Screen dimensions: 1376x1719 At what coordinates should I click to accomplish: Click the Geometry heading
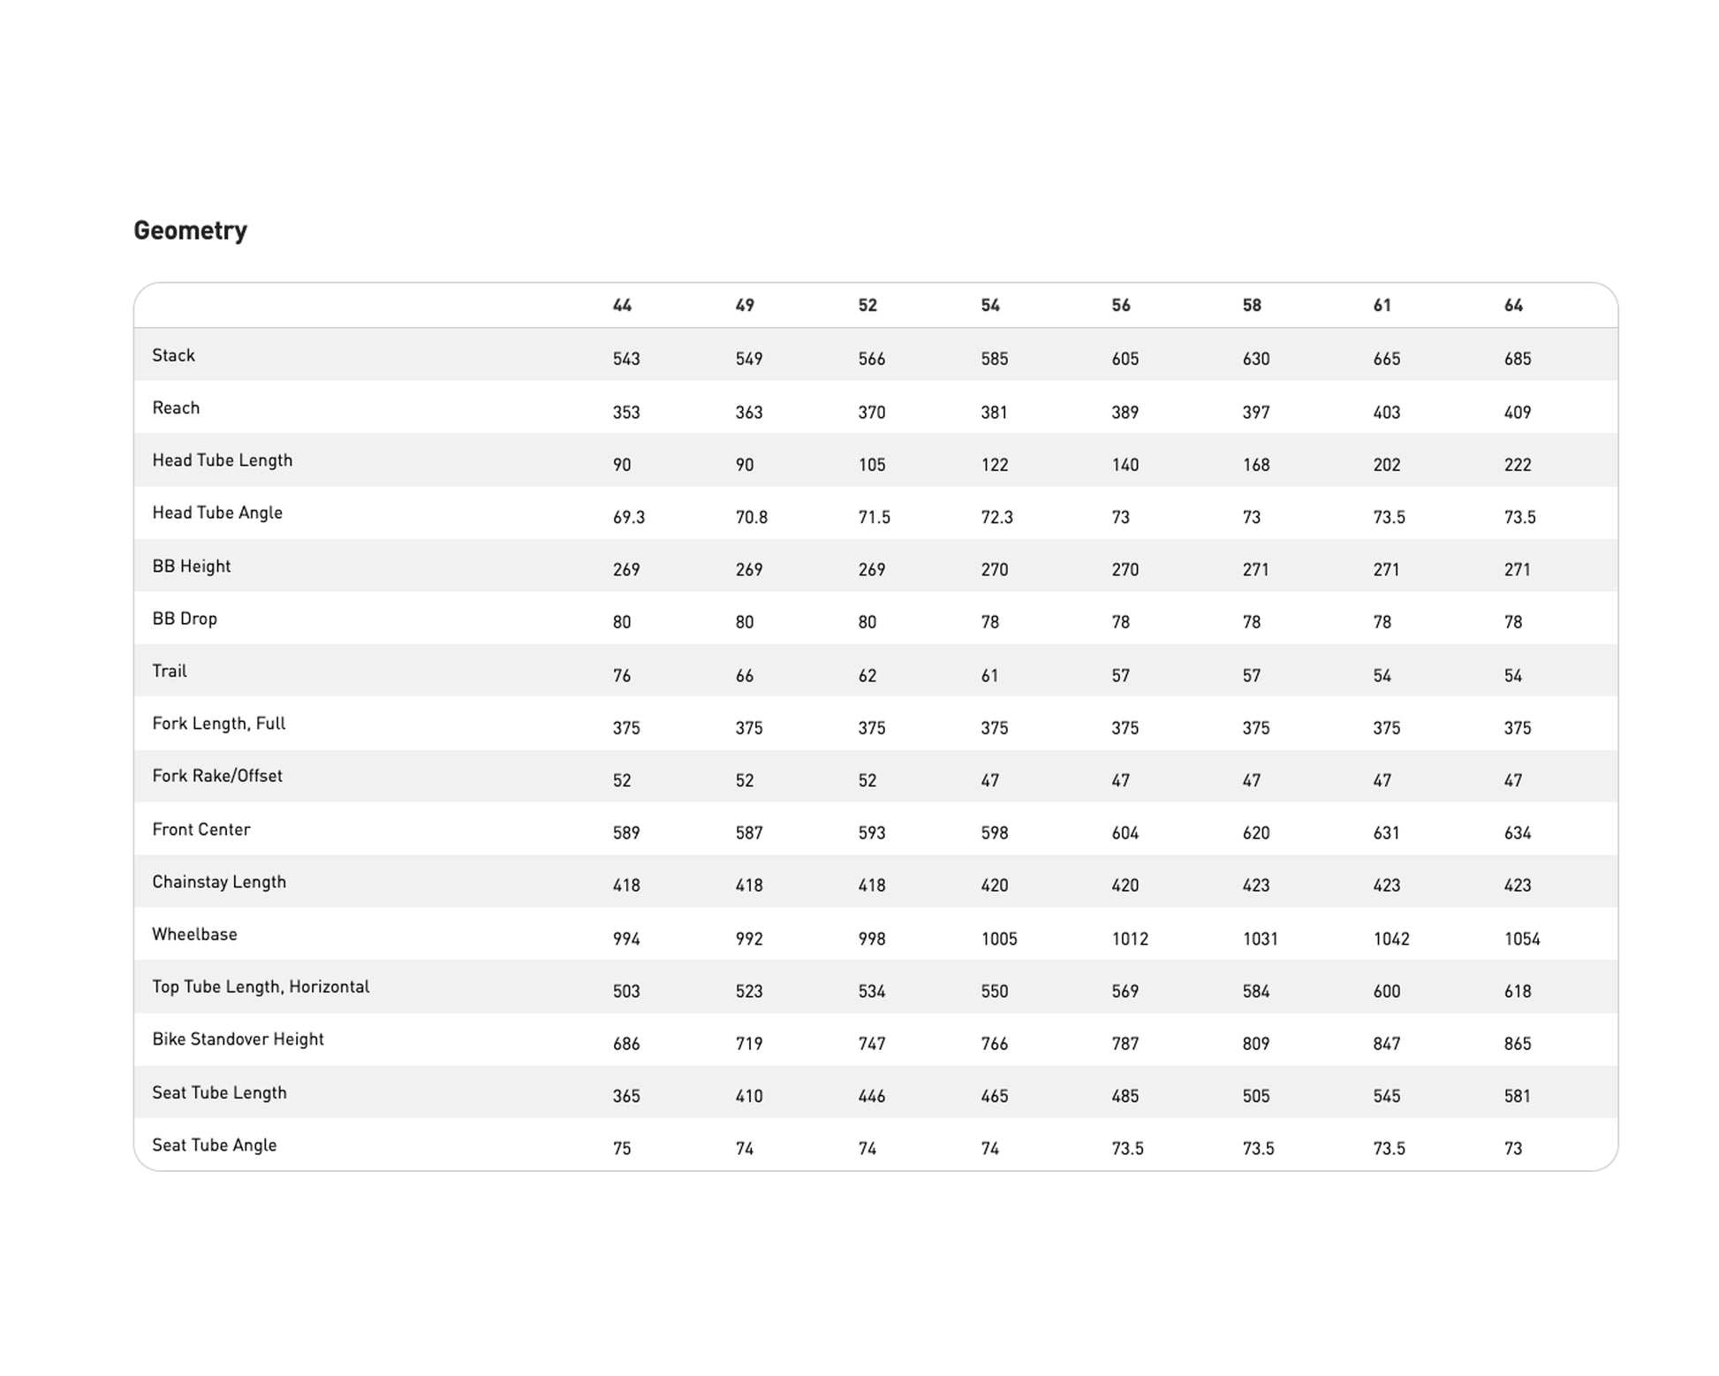(190, 231)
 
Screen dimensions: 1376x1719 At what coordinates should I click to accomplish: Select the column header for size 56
(1120, 306)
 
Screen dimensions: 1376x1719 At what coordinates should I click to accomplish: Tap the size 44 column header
(622, 306)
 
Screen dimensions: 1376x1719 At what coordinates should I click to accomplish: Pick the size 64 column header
(1513, 306)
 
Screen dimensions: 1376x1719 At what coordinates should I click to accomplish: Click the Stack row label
(173, 355)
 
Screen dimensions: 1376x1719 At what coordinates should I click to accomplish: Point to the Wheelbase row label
(194, 934)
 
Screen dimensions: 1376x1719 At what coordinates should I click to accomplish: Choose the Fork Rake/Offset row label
(217, 776)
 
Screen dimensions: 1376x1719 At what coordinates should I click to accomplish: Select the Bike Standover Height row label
(238, 1039)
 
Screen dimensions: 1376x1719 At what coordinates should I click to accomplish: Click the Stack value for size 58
(1255, 359)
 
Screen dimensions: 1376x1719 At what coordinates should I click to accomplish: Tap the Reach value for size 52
(871, 413)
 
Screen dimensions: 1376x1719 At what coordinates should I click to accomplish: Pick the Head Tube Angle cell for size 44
(628, 517)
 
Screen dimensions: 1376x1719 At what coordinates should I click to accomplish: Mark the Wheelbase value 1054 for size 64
(1522, 939)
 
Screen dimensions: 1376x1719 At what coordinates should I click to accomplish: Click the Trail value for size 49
(745, 676)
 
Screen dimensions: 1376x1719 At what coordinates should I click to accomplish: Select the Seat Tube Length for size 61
(1386, 1096)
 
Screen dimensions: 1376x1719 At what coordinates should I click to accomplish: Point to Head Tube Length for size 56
(1125, 465)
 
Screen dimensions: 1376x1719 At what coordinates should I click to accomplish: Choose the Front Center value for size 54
(994, 832)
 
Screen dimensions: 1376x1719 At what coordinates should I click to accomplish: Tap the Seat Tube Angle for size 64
(1513, 1149)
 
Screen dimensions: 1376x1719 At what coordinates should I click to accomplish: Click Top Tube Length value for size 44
(626, 991)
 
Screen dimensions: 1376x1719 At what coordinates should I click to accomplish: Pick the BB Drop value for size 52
(867, 622)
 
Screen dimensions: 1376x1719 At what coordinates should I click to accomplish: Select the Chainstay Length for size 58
(1255, 886)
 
